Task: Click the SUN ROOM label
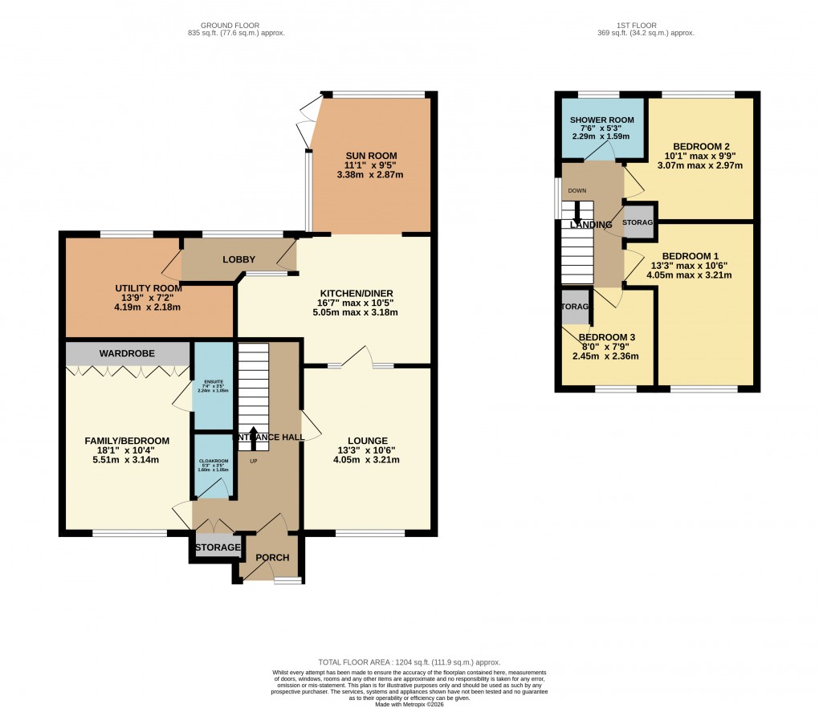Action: [372, 156]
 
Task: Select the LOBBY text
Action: [238, 259]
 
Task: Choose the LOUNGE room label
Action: [369, 441]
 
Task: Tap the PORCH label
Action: [272, 558]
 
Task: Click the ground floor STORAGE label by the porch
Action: [217, 547]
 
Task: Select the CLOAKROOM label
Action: [214, 461]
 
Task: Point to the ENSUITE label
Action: [214, 382]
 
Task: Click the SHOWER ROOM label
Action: [602, 120]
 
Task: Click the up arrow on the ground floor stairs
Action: [254, 435]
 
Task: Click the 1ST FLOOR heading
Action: [644, 23]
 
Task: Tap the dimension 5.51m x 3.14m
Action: [128, 460]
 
